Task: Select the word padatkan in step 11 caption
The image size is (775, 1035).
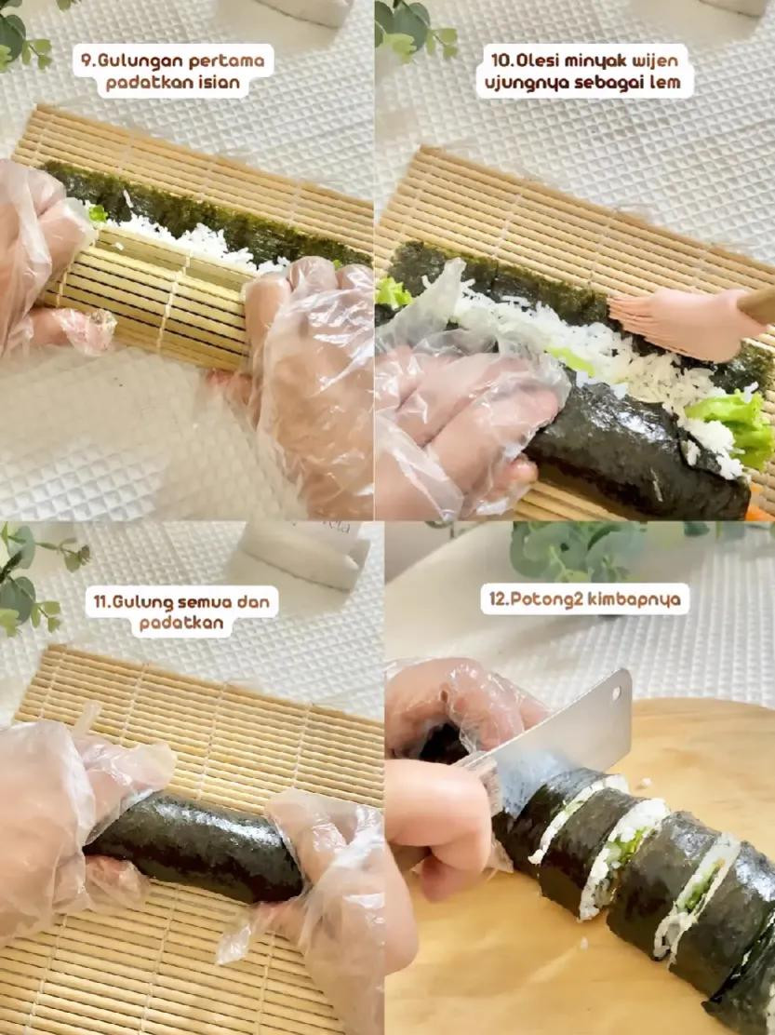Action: [182, 623]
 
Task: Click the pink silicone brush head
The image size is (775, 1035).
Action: [684, 323]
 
